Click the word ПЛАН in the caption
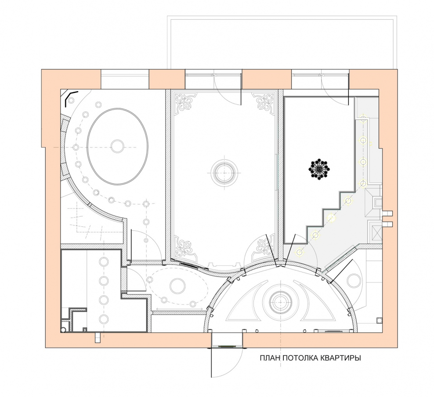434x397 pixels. (x=270, y=358)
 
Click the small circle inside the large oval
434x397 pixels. (x=117, y=146)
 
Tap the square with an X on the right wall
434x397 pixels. (x=377, y=230)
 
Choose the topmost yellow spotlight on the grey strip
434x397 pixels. (x=363, y=119)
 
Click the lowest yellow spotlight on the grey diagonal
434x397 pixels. (x=299, y=252)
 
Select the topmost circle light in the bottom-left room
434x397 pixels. (x=104, y=261)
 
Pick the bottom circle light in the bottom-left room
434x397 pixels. (x=104, y=319)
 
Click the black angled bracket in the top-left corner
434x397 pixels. (x=70, y=98)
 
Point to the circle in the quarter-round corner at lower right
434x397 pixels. (x=353, y=280)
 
